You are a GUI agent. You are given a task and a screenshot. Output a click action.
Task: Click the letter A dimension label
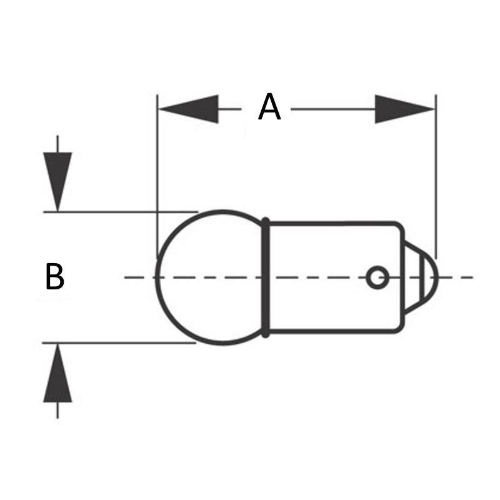click(269, 108)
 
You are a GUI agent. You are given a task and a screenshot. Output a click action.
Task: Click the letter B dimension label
click(55, 277)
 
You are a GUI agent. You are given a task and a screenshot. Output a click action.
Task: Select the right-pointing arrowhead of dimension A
click(404, 109)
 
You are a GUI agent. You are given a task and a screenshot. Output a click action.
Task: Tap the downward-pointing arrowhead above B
click(57, 181)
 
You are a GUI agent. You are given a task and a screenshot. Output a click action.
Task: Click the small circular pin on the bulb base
click(377, 277)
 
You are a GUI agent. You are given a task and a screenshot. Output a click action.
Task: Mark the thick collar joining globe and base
click(266, 277)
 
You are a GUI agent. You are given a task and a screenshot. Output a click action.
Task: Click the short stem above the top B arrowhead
click(57, 144)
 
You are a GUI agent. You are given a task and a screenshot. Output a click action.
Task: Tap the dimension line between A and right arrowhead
click(331, 109)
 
